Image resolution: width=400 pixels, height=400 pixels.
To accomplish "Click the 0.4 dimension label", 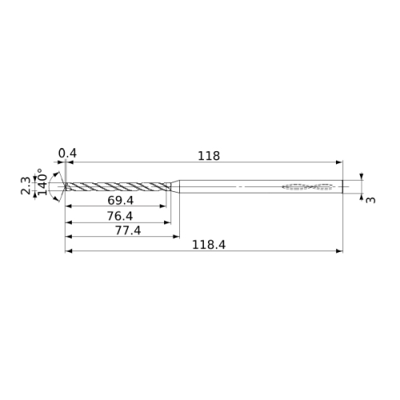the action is [x=67, y=154].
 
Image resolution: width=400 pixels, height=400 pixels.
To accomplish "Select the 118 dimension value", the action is [x=209, y=156].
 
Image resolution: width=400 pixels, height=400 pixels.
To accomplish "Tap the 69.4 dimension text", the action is [x=120, y=201].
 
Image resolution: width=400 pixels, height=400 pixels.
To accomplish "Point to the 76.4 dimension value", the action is [x=120, y=216].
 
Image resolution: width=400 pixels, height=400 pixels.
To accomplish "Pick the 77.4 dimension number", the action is [x=128, y=230].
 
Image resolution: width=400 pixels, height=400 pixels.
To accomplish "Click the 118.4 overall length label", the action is [x=209, y=245].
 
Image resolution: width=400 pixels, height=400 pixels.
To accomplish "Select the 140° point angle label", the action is [x=42, y=182].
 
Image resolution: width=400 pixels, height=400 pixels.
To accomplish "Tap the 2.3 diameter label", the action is [x=26, y=186].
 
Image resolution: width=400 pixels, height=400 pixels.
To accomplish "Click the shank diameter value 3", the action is [x=370, y=200].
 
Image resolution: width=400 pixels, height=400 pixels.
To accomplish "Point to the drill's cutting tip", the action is [x=65, y=186].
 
